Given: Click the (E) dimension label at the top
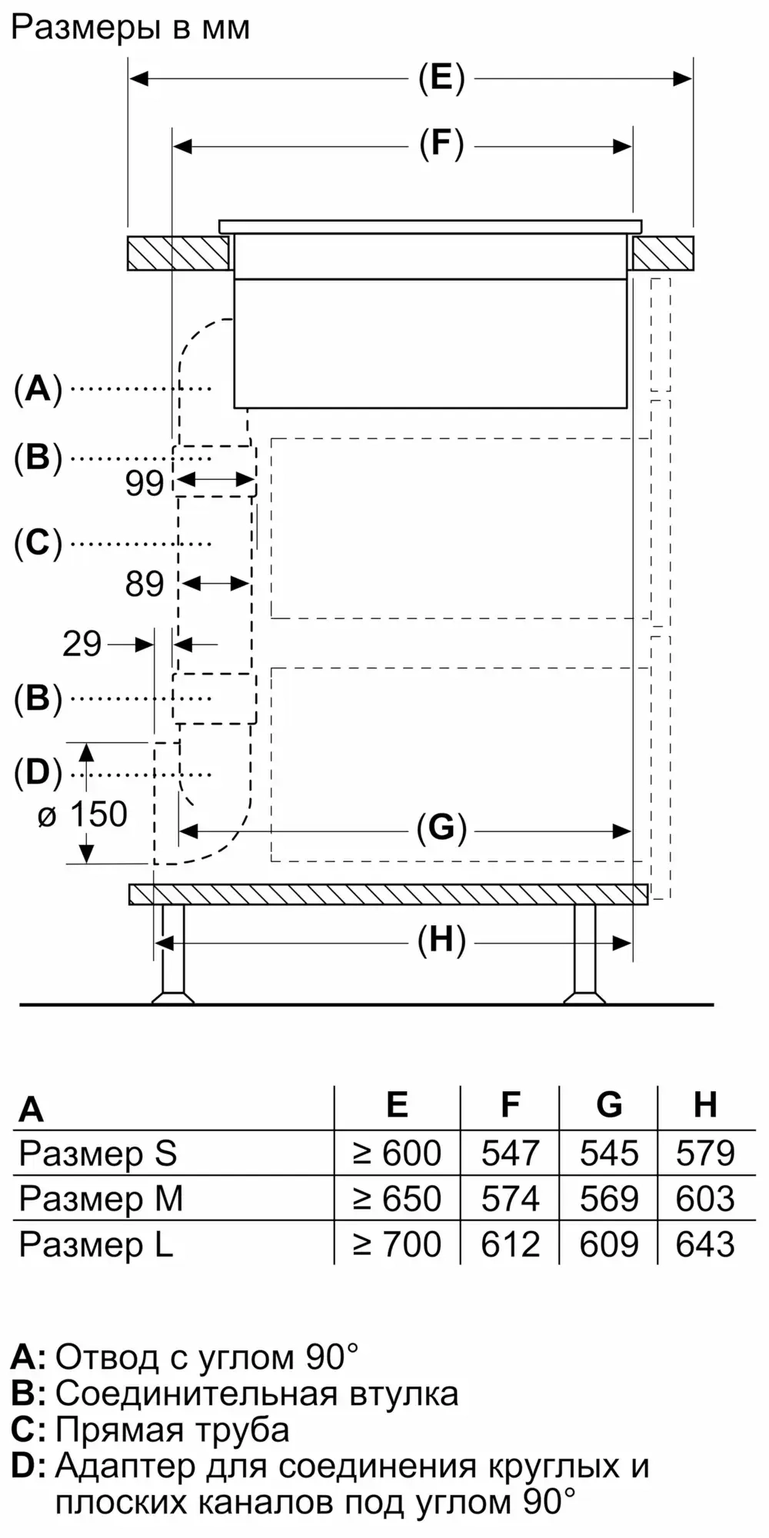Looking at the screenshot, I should [441, 78].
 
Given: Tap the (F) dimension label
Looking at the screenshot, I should [441, 145].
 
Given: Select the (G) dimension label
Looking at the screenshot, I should [441, 828].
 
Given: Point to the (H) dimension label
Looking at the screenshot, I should [441, 940].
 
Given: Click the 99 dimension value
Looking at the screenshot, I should [145, 484].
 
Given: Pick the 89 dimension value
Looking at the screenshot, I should [145, 584].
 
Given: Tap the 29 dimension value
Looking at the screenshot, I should [82, 644].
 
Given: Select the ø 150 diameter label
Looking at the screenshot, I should [83, 814].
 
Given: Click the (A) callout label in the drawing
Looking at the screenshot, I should [38, 389].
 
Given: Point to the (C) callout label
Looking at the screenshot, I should [38, 544].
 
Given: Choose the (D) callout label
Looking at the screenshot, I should [38, 773].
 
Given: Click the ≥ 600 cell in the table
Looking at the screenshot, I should [397, 1153].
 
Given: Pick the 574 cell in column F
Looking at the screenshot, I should [510, 1198].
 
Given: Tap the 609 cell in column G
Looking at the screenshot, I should [609, 1243].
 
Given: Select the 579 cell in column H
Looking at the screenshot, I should [705, 1153].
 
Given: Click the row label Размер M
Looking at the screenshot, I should [101, 1198].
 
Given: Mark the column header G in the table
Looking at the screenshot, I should [609, 1105].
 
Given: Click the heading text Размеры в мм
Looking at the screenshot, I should [131, 28].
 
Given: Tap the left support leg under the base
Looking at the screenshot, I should [172, 954].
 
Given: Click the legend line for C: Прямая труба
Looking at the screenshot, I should [151, 1430].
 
